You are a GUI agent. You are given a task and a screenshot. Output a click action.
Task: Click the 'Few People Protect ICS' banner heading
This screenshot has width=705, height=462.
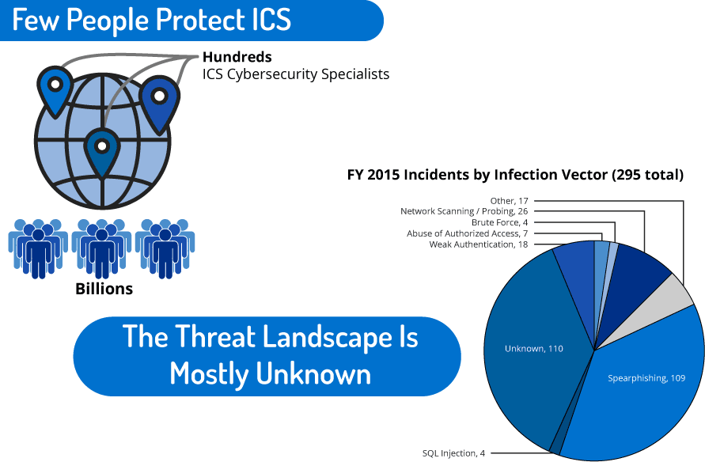[151, 20]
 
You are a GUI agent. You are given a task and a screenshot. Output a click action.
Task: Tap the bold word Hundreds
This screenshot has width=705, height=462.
[237, 57]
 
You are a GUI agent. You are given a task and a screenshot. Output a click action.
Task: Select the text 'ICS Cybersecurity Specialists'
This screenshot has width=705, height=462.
[296, 74]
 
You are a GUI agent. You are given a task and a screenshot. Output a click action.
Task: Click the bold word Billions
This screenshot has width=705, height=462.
[104, 289]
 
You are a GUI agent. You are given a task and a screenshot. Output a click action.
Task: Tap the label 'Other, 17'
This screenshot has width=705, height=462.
[509, 201]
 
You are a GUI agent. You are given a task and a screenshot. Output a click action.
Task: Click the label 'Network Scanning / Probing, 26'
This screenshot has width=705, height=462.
[464, 211]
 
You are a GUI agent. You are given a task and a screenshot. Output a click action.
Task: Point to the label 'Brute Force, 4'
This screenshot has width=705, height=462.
[499, 222]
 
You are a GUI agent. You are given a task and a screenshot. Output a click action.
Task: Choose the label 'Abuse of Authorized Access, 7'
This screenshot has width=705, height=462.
[467, 233]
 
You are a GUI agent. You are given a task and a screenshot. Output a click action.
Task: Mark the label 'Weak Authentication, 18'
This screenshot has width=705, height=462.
[479, 244]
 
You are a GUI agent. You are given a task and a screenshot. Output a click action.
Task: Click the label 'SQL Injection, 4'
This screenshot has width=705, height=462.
[453, 453]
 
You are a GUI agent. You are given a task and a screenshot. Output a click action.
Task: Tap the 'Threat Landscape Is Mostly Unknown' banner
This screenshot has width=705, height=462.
[267, 356]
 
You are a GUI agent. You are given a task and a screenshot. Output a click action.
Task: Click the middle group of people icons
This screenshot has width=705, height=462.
[101, 248]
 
